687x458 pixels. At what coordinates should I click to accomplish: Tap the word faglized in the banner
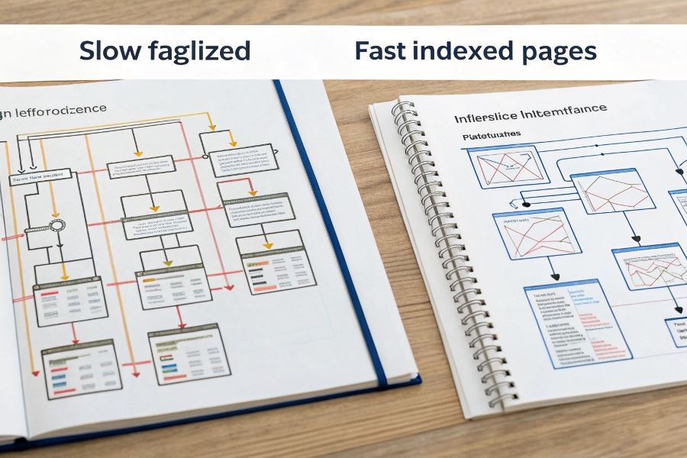coord(199,52)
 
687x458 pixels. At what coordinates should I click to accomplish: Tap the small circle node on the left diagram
coord(58,225)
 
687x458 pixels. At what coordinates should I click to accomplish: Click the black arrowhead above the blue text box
coord(555,276)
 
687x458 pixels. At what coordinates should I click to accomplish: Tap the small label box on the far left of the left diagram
coord(36,179)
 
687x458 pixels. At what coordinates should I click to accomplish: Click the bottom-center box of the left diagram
coord(189,354)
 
